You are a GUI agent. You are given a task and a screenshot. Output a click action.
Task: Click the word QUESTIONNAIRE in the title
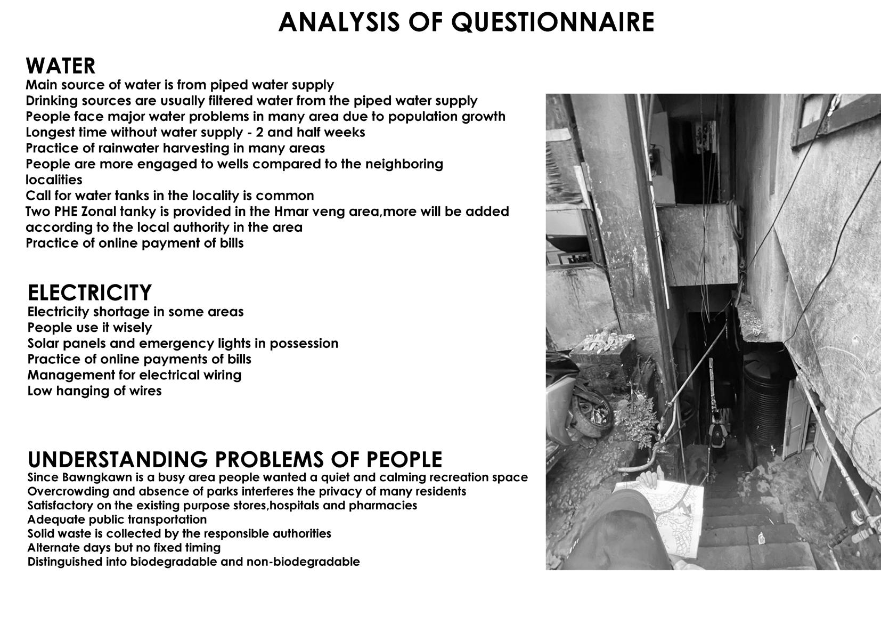point(552,22)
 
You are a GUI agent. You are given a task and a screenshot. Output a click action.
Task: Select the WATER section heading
point(60,66)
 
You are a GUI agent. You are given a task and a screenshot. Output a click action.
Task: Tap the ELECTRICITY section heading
point(89,293)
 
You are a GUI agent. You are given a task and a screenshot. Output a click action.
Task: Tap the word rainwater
point(126,148)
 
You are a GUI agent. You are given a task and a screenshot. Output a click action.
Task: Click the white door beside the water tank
point(794,421)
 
